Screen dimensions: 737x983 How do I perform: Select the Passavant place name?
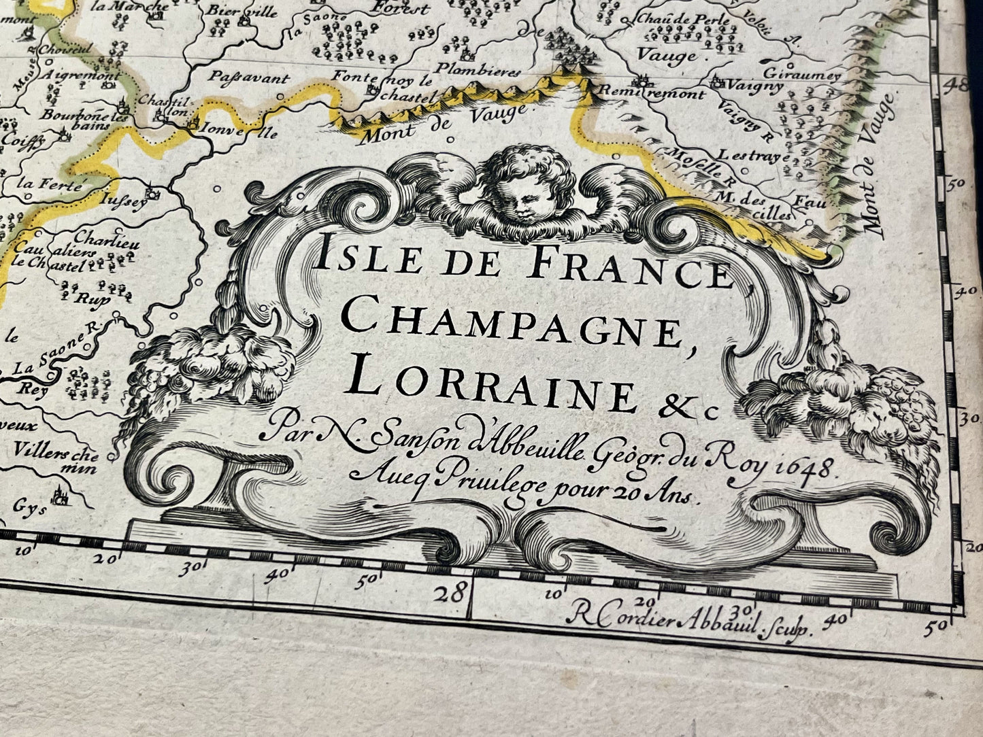point(240,76)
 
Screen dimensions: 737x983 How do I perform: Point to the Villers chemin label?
point(56,460)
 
